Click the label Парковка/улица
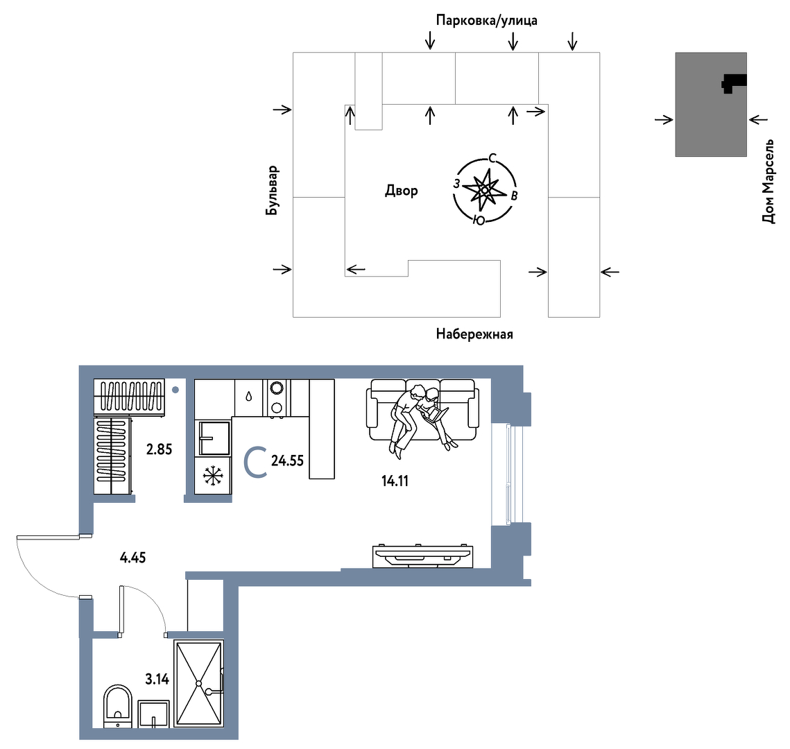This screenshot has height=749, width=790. tap(486, 21)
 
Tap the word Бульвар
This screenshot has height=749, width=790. tap(272, 191)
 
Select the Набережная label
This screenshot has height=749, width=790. tap(474, 334)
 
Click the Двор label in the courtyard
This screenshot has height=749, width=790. tap(402, 191)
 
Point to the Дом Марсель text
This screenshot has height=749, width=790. tap(768, 181)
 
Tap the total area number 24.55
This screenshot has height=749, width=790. tap(287, 460)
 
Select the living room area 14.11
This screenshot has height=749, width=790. tap(395, 481)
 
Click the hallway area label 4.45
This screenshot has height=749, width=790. tap(133, 558)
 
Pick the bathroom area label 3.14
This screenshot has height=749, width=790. tap(157, 679)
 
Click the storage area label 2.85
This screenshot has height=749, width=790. tap(160, 449)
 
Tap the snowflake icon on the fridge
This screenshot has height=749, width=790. tap(213, 476)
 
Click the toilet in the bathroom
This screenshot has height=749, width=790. tap(117, 706)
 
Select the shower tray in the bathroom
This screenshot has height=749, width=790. tap(198, 684)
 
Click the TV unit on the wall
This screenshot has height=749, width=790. tap(422, 556)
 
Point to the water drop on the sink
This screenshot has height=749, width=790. tap(248, 396)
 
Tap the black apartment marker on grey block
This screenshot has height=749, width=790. tap(732, 83)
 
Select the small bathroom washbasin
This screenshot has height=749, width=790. tap(153, 714)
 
